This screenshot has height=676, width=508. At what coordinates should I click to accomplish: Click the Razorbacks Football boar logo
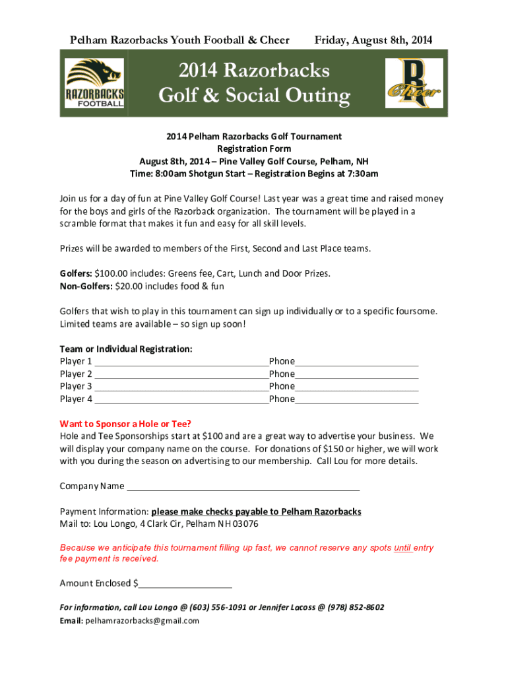[94, 83]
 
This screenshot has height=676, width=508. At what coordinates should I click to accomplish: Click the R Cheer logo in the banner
[414, 83]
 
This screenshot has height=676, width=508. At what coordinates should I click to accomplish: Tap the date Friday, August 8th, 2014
[373, 40]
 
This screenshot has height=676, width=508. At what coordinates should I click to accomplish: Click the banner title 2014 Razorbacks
[254, 70]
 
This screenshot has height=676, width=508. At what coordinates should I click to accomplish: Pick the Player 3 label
[76, 386]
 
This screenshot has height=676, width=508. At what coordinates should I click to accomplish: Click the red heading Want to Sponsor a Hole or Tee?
[130, 424]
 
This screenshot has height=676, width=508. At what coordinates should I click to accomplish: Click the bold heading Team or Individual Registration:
[126, 349]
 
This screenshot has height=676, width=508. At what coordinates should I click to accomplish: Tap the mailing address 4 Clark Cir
[160, 524]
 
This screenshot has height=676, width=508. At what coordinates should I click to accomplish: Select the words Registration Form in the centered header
[254, 149]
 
